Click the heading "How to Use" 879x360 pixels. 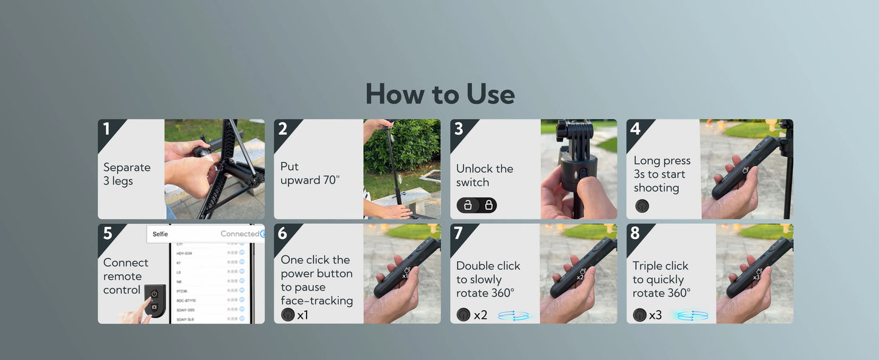click(x=440, y=94)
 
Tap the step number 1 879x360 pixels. click(x=107, y=129)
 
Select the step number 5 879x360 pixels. click(x=108, y=234)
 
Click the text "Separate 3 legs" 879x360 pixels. click(x=127, y=174)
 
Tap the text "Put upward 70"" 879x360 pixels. click(x=309, y=173)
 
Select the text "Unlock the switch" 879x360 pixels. click(x=484, y=175)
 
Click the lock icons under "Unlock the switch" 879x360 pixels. click(x=477, y=205)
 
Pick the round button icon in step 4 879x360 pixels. click(x=642, y=206)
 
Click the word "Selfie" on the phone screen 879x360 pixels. click(x=161, y=234)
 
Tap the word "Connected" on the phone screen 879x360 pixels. click(x=239, y=234)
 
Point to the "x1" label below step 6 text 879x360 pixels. click(x=302, y=315)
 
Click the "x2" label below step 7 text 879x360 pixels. click(x=480, y=315)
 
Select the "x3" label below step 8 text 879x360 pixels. click(x=655, y=315)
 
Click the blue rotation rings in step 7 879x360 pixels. click(x=513, y=316)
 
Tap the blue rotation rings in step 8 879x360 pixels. click(x=690, y=316)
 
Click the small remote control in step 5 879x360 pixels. click(x=155, y=300)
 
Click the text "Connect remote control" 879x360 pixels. click(x=125, y=276)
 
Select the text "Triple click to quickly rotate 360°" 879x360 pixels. click(x=661, y=279)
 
